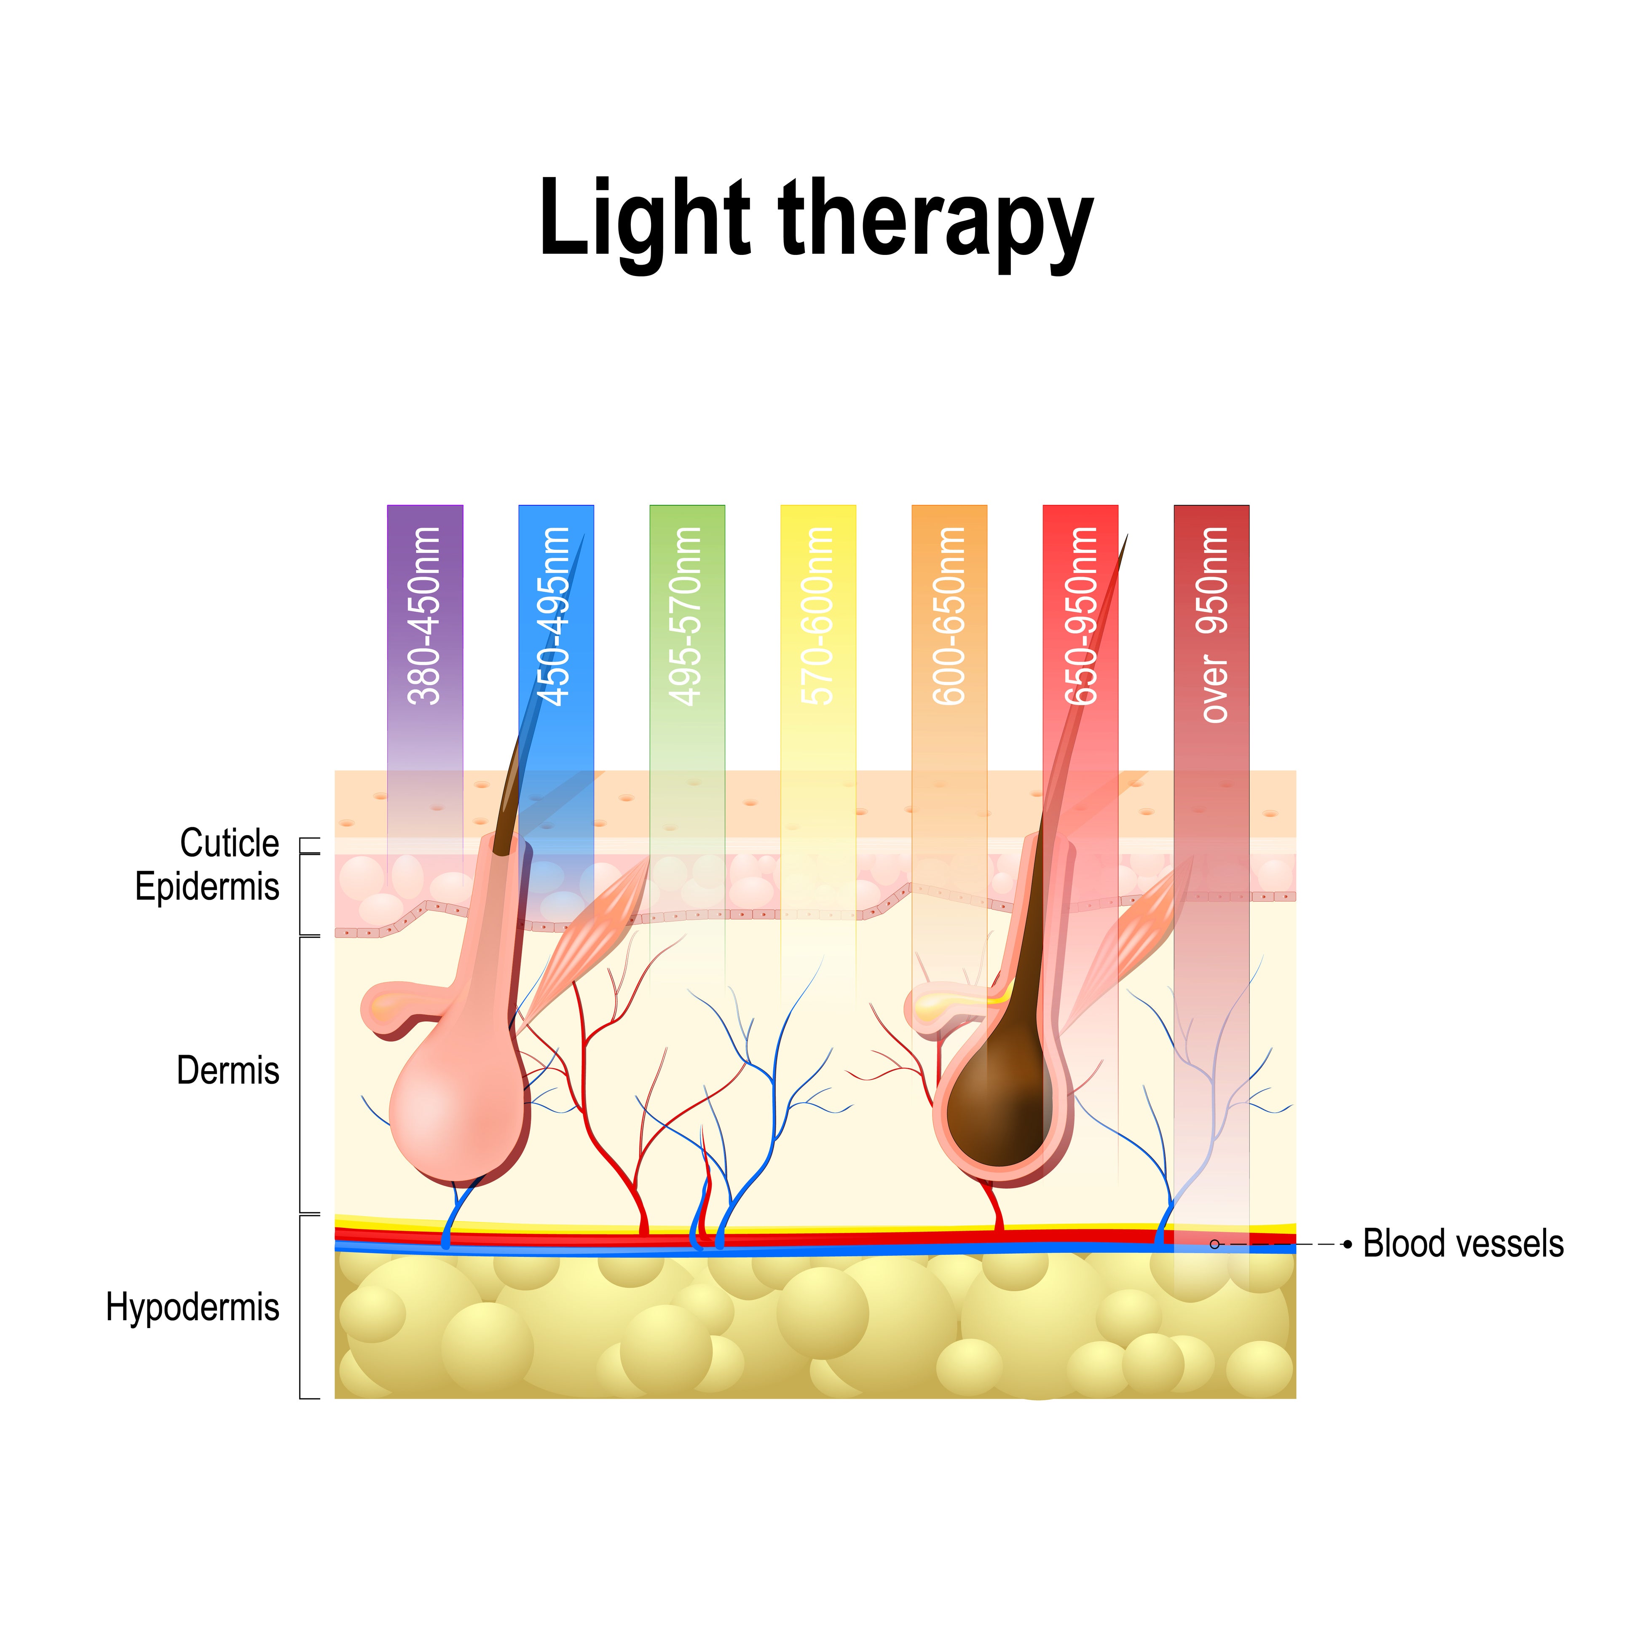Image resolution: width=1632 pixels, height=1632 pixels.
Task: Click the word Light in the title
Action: [644, 220]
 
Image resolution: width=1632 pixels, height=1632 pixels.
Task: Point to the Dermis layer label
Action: [227, 1070]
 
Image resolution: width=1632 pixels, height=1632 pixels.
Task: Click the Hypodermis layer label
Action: [193, 1307]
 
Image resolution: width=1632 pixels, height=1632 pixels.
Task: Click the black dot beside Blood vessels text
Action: [1347, 1244]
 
